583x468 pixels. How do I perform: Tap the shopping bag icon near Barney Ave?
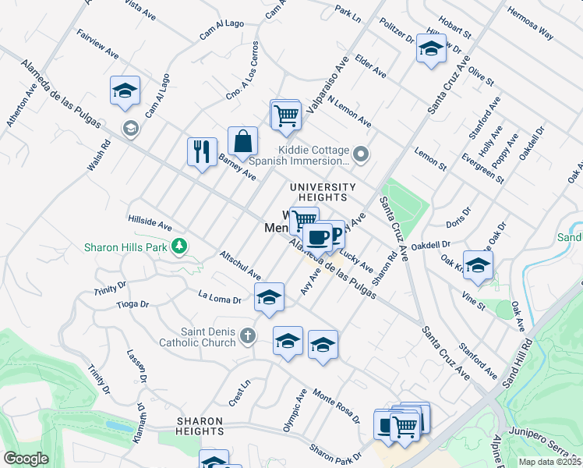[243, 141]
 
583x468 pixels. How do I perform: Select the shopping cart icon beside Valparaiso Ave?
[286, 115]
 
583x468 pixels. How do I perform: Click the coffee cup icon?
[317, 236]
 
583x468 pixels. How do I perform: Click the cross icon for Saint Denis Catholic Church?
[247, 336]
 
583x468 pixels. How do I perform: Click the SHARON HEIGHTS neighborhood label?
[200, 426]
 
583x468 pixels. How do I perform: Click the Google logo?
[26, 459]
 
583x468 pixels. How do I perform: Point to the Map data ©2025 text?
[549, 462]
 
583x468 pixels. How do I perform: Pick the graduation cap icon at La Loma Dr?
[269, 298]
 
